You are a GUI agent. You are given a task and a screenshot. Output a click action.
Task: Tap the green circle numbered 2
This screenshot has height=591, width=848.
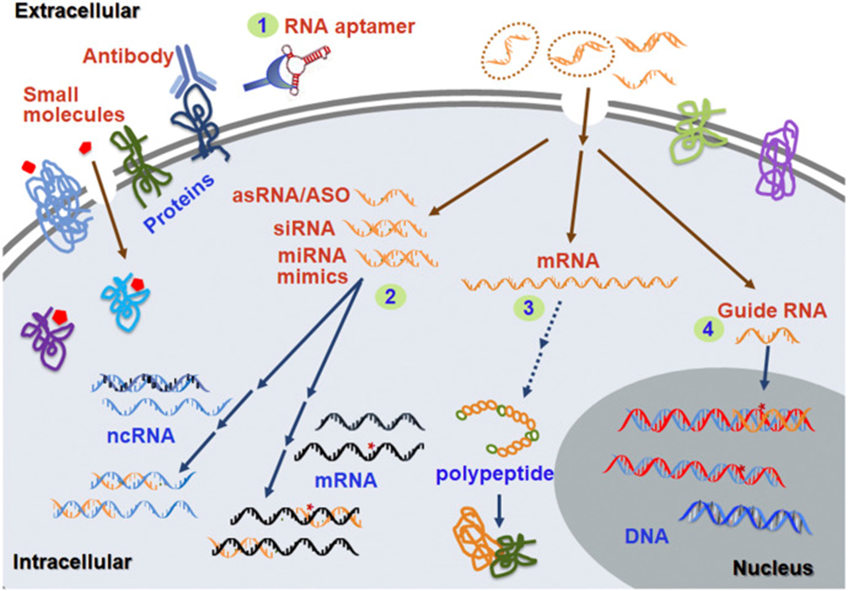click(x=390, y=297)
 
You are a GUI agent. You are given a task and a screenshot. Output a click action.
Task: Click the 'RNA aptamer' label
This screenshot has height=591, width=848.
click(x=349, y=27)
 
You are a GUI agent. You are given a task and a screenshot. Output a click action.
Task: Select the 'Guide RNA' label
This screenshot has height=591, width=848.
click(x=772, y=311)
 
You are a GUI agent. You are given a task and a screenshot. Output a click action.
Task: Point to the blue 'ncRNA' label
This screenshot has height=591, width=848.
click(x=141, y=436)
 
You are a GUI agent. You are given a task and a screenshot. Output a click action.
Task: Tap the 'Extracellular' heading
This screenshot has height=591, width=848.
click(x=77, y=11)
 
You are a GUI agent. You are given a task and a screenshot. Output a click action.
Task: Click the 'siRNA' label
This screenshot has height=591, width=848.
click(x=304, y=229)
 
